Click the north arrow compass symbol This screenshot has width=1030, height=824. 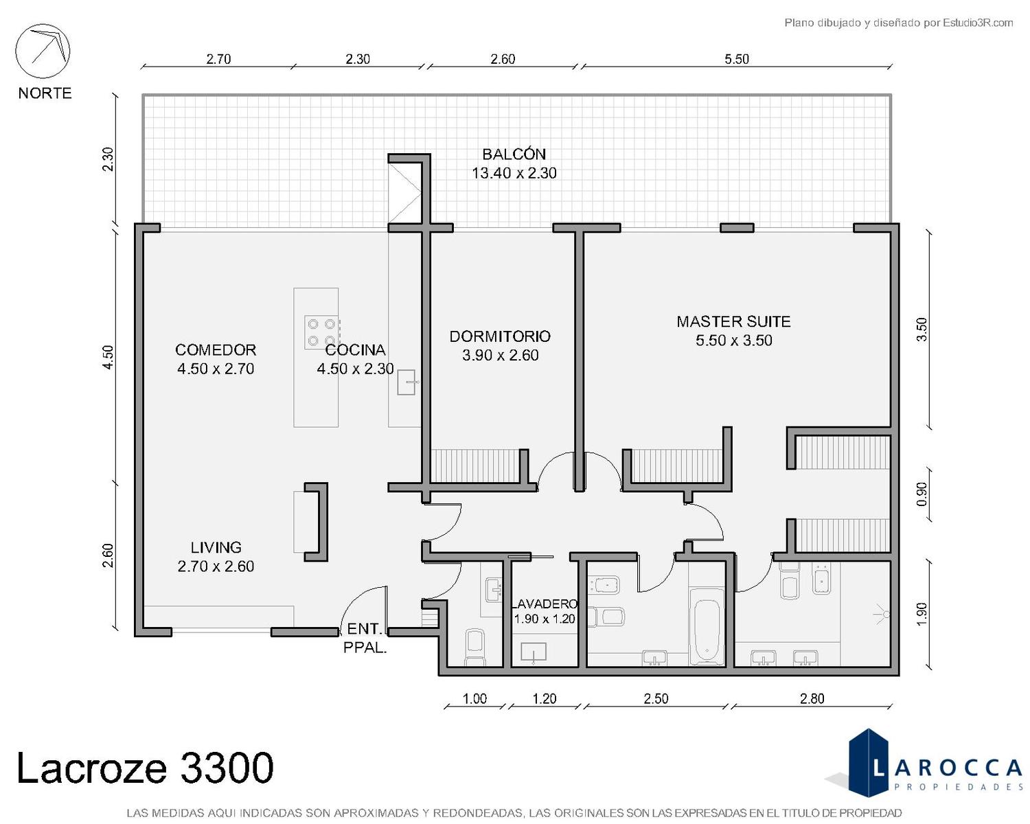tap(43, 51)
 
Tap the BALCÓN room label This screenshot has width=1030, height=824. tap(514, 154)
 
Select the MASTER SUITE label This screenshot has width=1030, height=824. tap(733, 321)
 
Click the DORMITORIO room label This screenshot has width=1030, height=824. tap(500, 336)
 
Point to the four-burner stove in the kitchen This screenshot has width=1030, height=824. tap(322, 332)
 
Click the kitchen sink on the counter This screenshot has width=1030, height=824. tap(407, 382)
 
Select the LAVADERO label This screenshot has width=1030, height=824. tap(545, 604)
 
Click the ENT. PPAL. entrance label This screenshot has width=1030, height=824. tap(365, 638)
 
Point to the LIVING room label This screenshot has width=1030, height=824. tap(216, 547)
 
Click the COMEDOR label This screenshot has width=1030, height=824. tap(216, 350)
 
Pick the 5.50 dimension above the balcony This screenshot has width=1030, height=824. tap(737, 59)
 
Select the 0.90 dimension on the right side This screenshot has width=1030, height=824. tap(922, 494)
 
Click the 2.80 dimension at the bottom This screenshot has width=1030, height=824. tap(812, 698)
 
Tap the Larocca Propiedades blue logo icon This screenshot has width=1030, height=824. tap(868, 763)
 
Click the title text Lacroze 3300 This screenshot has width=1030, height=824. tap(146, 768)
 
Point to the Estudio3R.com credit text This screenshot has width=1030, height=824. tap(898, 23)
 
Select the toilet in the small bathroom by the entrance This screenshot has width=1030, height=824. tap(474, 648)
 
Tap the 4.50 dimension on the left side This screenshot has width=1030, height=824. tap(108, 356)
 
